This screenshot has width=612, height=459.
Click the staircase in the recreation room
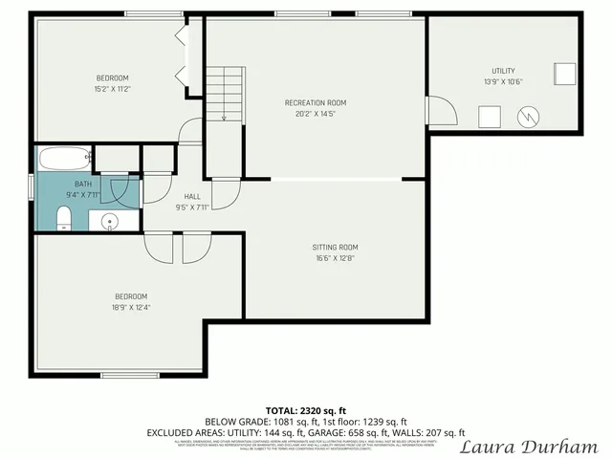coord(226,93)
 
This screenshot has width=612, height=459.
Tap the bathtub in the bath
coord(63,158)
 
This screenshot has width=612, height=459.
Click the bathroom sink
coord(110,222)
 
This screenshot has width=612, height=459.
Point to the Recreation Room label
coord(315,102)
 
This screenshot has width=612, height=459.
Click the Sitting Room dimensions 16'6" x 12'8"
coord(335,258)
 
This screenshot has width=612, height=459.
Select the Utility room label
coord(503,71)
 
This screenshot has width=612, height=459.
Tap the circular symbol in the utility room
coord(527,117)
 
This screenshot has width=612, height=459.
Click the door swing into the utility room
coord(440,112)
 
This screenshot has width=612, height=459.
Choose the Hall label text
coord(192,196)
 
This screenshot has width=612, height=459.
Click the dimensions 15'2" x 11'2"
coord(111,89)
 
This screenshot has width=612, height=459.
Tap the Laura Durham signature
coord(529,447)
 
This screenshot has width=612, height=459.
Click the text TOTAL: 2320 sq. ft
coord(306,410)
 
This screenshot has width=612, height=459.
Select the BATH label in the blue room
coord(83,183)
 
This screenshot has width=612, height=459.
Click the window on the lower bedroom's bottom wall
coord(129,375)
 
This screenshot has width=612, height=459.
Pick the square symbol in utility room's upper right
coord(564,74)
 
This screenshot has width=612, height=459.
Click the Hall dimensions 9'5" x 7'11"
coord(192,208)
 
